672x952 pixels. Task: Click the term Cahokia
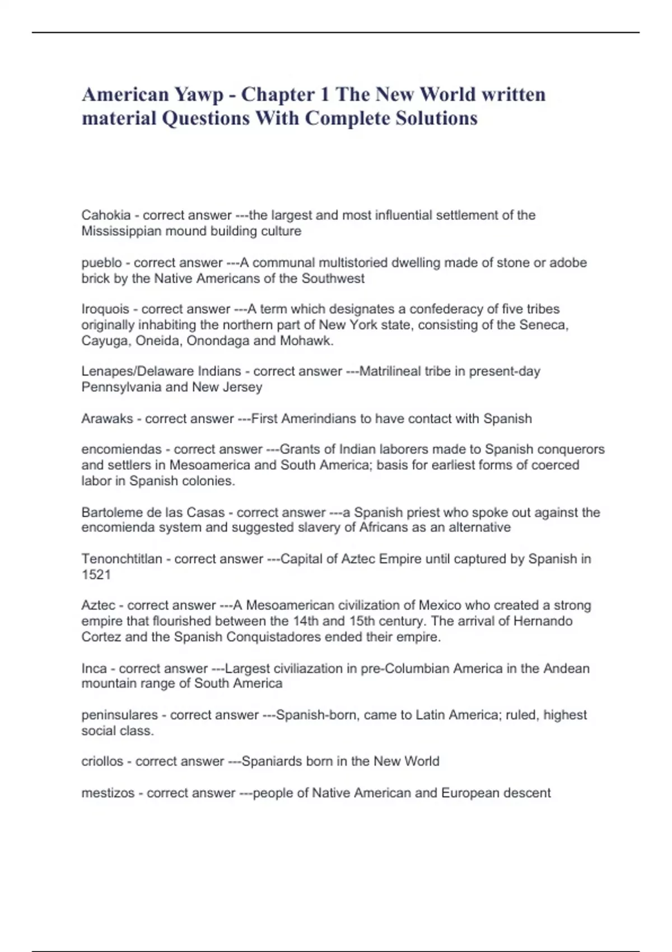click(x=106, y=215)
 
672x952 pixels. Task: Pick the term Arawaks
click(x=107, y=419)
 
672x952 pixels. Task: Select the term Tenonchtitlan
click(x=122, y=559)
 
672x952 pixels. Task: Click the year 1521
click(x=96, y=575)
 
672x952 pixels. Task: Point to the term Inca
click(x=94, y=669)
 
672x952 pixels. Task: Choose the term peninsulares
click(x=119, y=715)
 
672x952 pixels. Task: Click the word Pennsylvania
click(x=126, y=387)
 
